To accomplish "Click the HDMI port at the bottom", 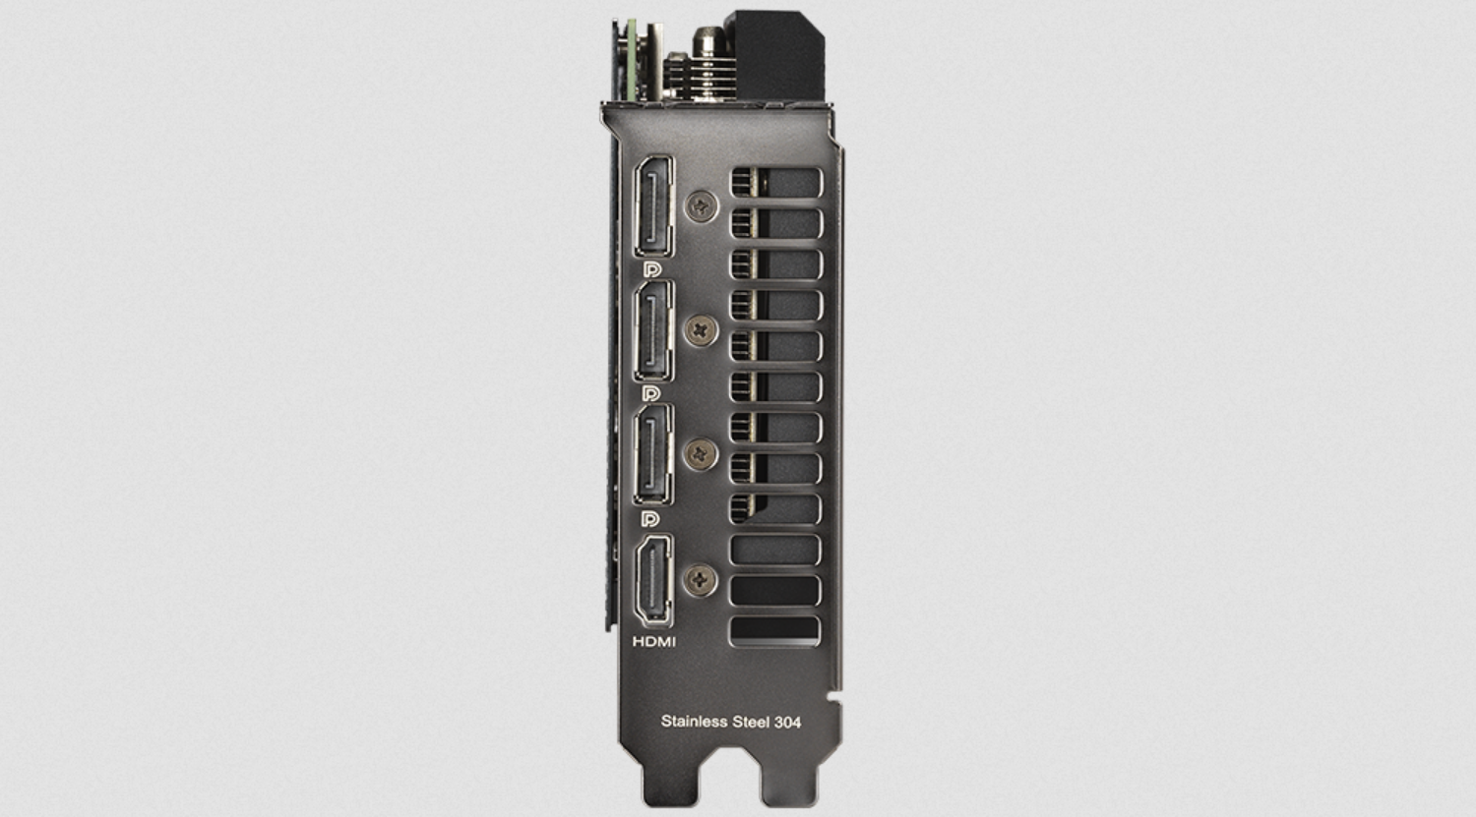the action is (653, 580).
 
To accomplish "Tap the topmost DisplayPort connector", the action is (653, 206).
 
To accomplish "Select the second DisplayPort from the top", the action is (653, 330).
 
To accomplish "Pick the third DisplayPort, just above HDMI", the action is (653, 454).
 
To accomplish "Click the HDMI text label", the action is (654, 641).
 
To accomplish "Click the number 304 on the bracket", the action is (787, 723).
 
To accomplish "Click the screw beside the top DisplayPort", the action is (701, 206).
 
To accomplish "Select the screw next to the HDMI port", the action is (700, 580).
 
